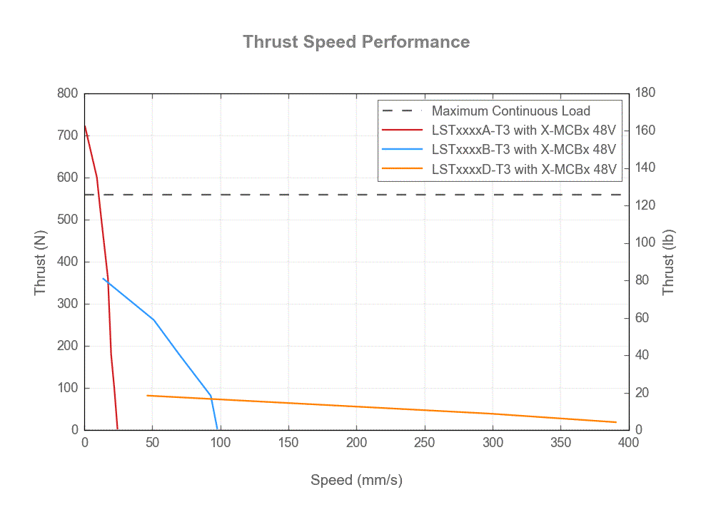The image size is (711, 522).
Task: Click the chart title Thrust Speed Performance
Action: [x=356, y=41]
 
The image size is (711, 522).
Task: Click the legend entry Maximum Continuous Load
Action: [x=510, y=111]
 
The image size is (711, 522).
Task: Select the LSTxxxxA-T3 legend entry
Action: [x=523, y=130]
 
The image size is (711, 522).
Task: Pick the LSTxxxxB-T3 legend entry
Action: [x=523, y=150]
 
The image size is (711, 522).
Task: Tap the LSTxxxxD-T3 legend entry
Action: [x=523, y=170]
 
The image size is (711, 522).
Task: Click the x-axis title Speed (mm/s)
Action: [x=356, y=480]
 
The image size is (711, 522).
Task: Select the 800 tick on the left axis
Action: [x=68, y=93]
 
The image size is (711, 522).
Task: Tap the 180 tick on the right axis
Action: [x=646, y=93]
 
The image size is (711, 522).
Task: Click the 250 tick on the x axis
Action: [x=425, y=443]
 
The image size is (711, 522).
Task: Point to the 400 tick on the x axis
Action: [x=628, y=443]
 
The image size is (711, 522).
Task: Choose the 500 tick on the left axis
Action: [x=68, y=220]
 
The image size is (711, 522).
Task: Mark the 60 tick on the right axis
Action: [x=642, y=317]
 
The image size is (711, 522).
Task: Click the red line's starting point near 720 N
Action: [x=85, y=126]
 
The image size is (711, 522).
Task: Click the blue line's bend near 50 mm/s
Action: [x=153, y=319]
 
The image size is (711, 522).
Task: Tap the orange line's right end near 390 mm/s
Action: [x=615, y=422]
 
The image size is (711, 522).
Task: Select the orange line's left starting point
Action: [x=147, y=395]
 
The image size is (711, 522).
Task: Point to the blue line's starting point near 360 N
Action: [x=103, y=278]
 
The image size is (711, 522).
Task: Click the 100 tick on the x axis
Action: [x=221, y=443]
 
